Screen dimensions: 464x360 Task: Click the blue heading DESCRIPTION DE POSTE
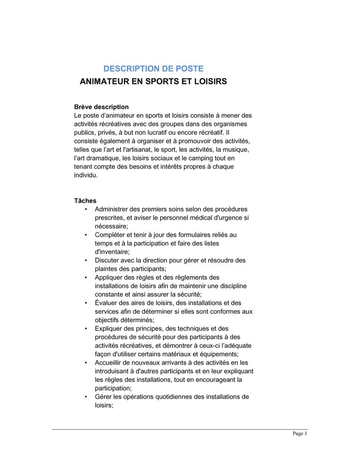point(153,69)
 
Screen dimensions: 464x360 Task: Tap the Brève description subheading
point(101,107)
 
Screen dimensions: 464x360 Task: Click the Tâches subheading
point(85,201)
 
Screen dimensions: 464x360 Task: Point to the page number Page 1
point(300,433)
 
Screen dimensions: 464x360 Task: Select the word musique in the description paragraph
point(235,150)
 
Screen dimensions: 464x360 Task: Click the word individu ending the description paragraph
point(85,175)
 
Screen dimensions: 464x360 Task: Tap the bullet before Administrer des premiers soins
point(86,209)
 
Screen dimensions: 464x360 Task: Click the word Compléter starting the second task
point(110,235)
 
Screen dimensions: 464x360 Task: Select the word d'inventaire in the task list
point(112,252)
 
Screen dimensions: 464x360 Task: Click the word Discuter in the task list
point(107,260)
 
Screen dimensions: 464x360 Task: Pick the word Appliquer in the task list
point(108,278)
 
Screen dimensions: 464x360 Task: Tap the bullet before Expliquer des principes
point(86,329)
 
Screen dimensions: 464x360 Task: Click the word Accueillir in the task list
point(108,363)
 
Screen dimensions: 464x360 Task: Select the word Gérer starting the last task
point(103,397)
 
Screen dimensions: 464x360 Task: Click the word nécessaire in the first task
point(111,226)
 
